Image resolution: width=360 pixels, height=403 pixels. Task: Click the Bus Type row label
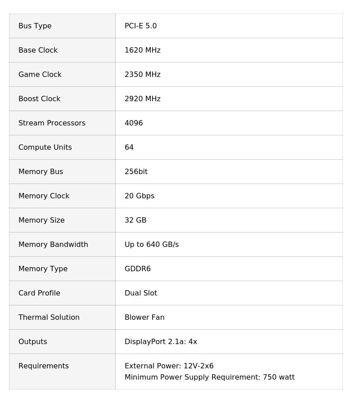(35, 26)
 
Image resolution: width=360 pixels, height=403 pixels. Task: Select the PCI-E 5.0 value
(140, 26)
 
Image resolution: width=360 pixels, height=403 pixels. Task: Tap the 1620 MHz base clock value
(142, 50)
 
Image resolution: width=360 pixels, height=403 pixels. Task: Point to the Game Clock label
(40, 75)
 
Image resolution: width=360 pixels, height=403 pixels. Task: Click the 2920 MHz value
(142, 99)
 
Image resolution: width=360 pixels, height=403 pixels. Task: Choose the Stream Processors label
(52, 123)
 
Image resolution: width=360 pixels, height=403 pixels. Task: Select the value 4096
(134, 123)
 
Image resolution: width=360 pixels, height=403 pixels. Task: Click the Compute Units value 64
(129, 148)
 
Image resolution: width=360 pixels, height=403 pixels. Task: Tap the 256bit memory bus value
(136, 172)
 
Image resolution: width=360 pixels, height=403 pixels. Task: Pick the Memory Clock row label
(44, 196)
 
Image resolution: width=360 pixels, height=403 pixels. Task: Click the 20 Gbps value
(139, 196)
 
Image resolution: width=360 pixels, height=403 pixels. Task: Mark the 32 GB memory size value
(135, 220)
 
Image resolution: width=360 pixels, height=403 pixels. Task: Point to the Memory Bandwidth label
(53, 245)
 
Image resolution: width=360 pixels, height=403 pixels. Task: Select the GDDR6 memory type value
(137, 269)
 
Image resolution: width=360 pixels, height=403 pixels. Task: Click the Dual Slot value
(141, 293)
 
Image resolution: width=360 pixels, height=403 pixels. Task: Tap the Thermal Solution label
(49, 318)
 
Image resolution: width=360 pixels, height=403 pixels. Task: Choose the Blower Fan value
(144, 318)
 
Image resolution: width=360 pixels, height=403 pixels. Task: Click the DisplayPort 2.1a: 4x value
(161, 342)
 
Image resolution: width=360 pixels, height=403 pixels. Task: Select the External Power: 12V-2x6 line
(169, 366)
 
